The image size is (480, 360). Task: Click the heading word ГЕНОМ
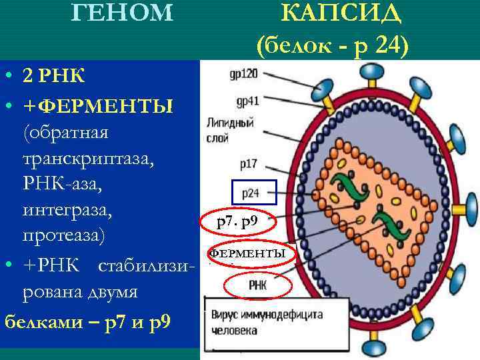[x=121, y=13]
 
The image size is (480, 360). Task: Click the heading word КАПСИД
[x=341, y=14]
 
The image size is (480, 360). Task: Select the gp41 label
[x=247, y=101]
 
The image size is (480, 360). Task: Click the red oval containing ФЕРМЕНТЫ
[x=247, y=254]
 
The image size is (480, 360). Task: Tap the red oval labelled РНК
[x=257, y=287]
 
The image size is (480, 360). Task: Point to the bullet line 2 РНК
[x=53, y=75]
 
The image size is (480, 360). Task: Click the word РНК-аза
[x=61, y=185]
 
